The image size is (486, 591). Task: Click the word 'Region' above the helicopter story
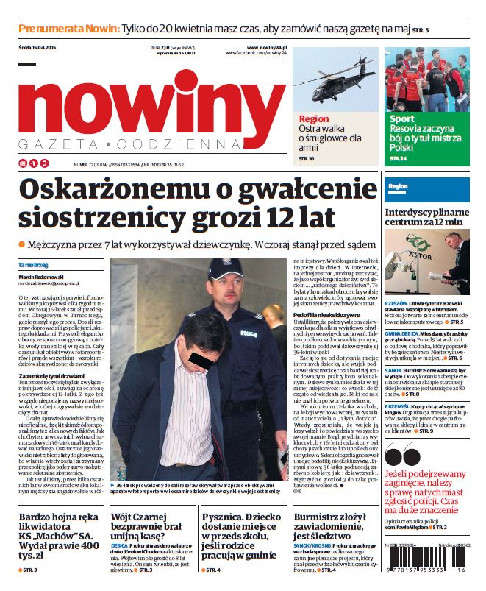pos(314,118)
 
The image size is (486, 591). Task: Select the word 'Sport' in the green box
pos(402,118)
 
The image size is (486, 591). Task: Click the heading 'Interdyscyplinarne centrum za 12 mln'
pos(424,216)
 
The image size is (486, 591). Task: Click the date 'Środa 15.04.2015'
pos(37,48)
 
